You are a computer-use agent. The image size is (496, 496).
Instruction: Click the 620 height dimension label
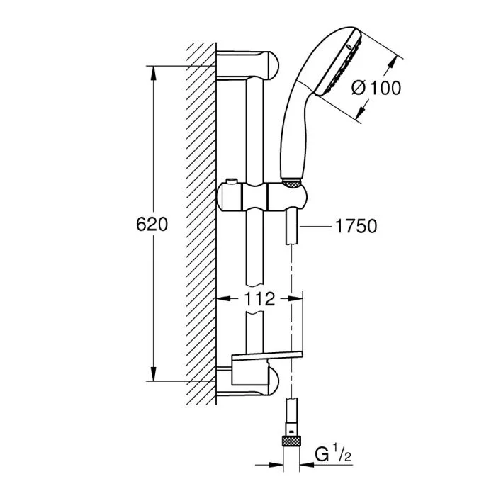click(x=152, y=225)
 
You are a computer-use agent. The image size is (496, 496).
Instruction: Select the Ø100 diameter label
click(x=376, y=88)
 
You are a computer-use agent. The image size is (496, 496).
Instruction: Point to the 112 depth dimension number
click(x=259, y=299)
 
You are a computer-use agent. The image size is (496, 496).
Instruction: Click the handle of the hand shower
click(x=292, y=135)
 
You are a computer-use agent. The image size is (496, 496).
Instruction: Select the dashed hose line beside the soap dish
click(x=291, y=319)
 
